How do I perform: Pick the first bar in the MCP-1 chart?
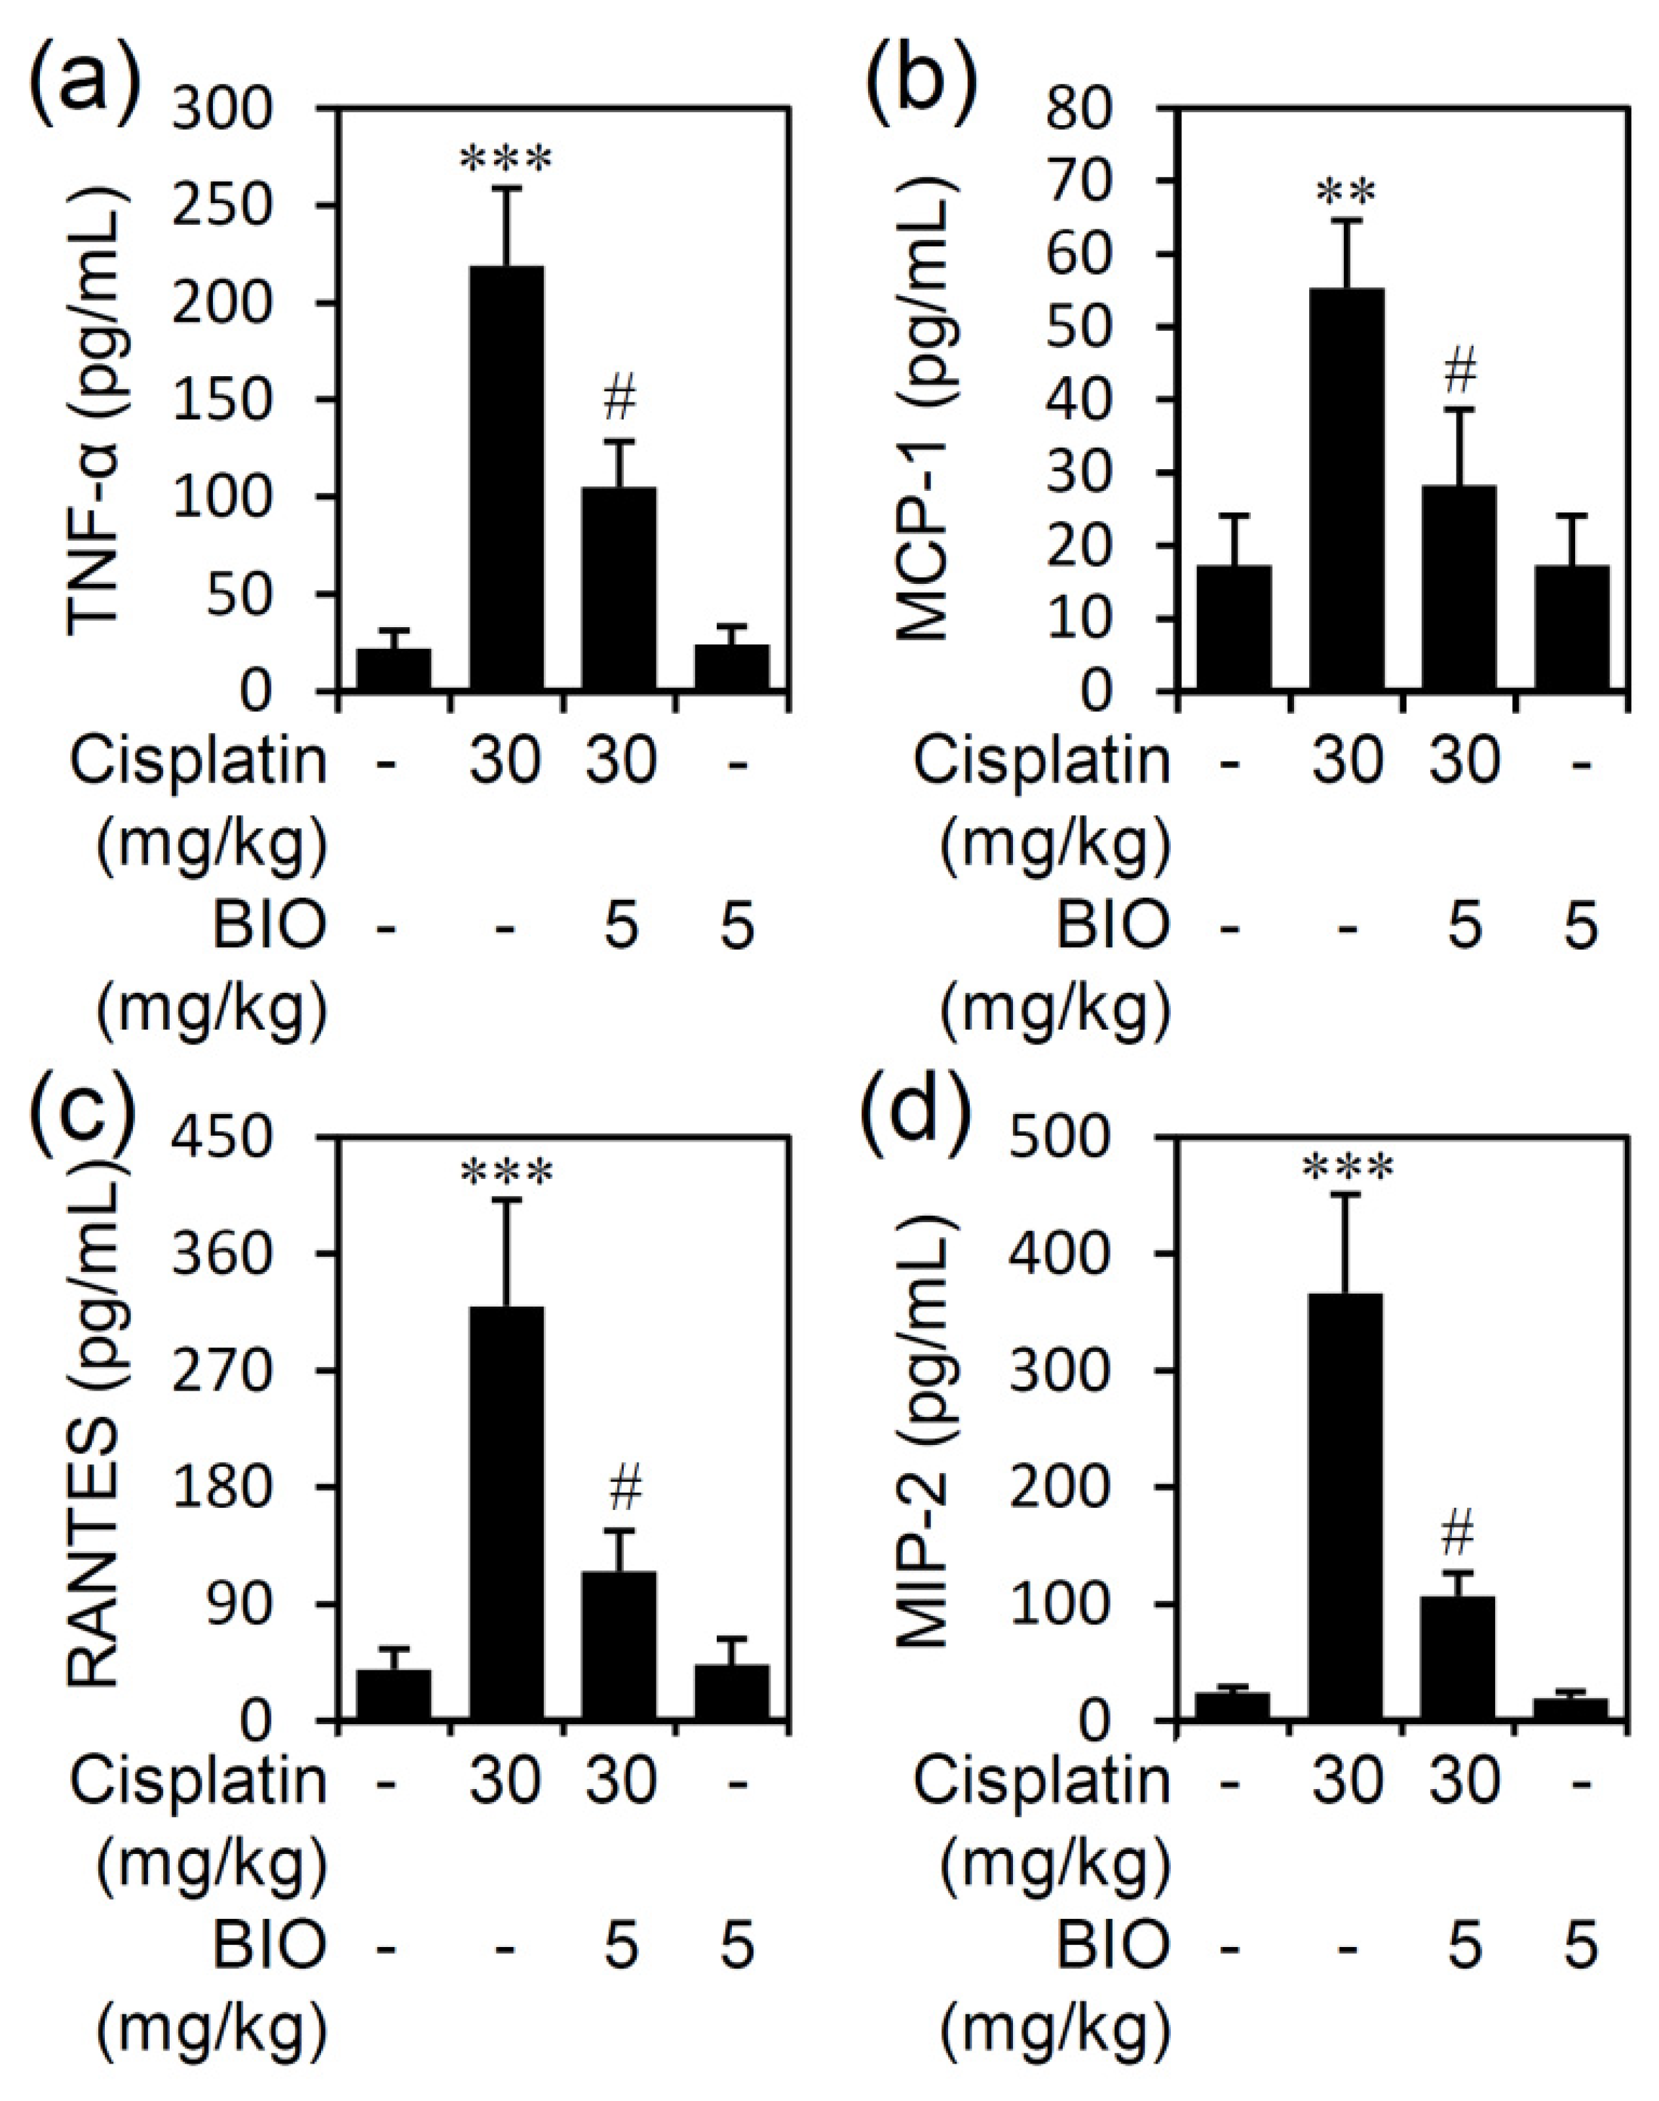click(1234, 628)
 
